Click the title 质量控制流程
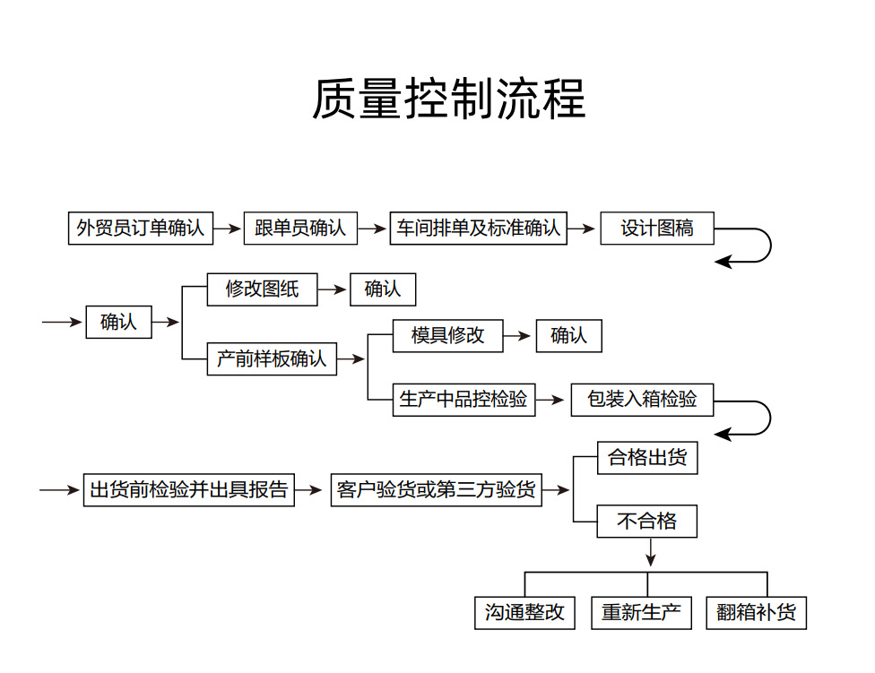pyautogui.click(x=448, y=99)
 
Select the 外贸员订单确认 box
pyautogui.click(x=141, y=228)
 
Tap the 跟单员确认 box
pyautogui.click(x=300, y=228)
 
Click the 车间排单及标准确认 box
pyautogui.click(x=478, y=228)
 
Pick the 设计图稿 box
pyautogui.click(x=657, y=228)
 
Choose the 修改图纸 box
pyautogui.click(x=262, y=289)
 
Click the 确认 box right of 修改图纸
pyautogui.click(x=383, y=289)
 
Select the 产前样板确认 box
pyautogui.click(x=272, y=359)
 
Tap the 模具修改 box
pyautogui.click(x=447, y=336)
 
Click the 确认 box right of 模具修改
pyautogui.click(x=568, y=336)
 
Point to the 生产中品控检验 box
pyautogui.click(x=463, y=400)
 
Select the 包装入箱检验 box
pyautogui.click(x=642, y=400)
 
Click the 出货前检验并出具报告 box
pyautogui.click(x=189, y=489)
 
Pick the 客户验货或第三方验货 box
pyautogui.click(x=436, y=489)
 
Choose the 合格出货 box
pyautogui.click(x=647, y=458)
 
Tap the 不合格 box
pyautogui.click(x=647, y=521)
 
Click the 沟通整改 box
pyautogui.click(x=524, y=612)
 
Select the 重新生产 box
pyautogui.click(x=641, y=612)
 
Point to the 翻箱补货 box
pyautogui.click(x=756, y=612)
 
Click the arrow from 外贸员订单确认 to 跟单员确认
pyautogui.click(x=228, y=228)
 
